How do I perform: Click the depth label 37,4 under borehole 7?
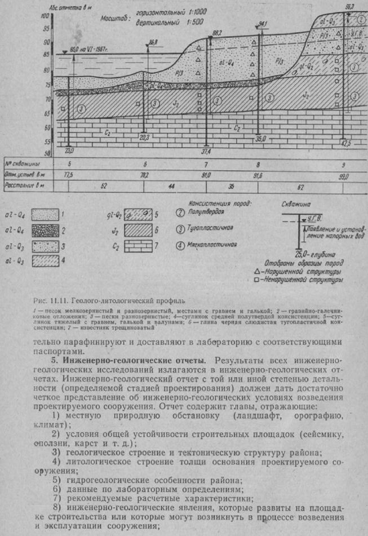coord(205,152)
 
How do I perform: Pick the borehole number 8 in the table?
coord(258,164)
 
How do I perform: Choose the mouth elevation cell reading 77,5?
coord(70,175)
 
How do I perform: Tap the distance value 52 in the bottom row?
coord(103,185)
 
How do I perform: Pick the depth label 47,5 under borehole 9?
coord(345,144)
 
